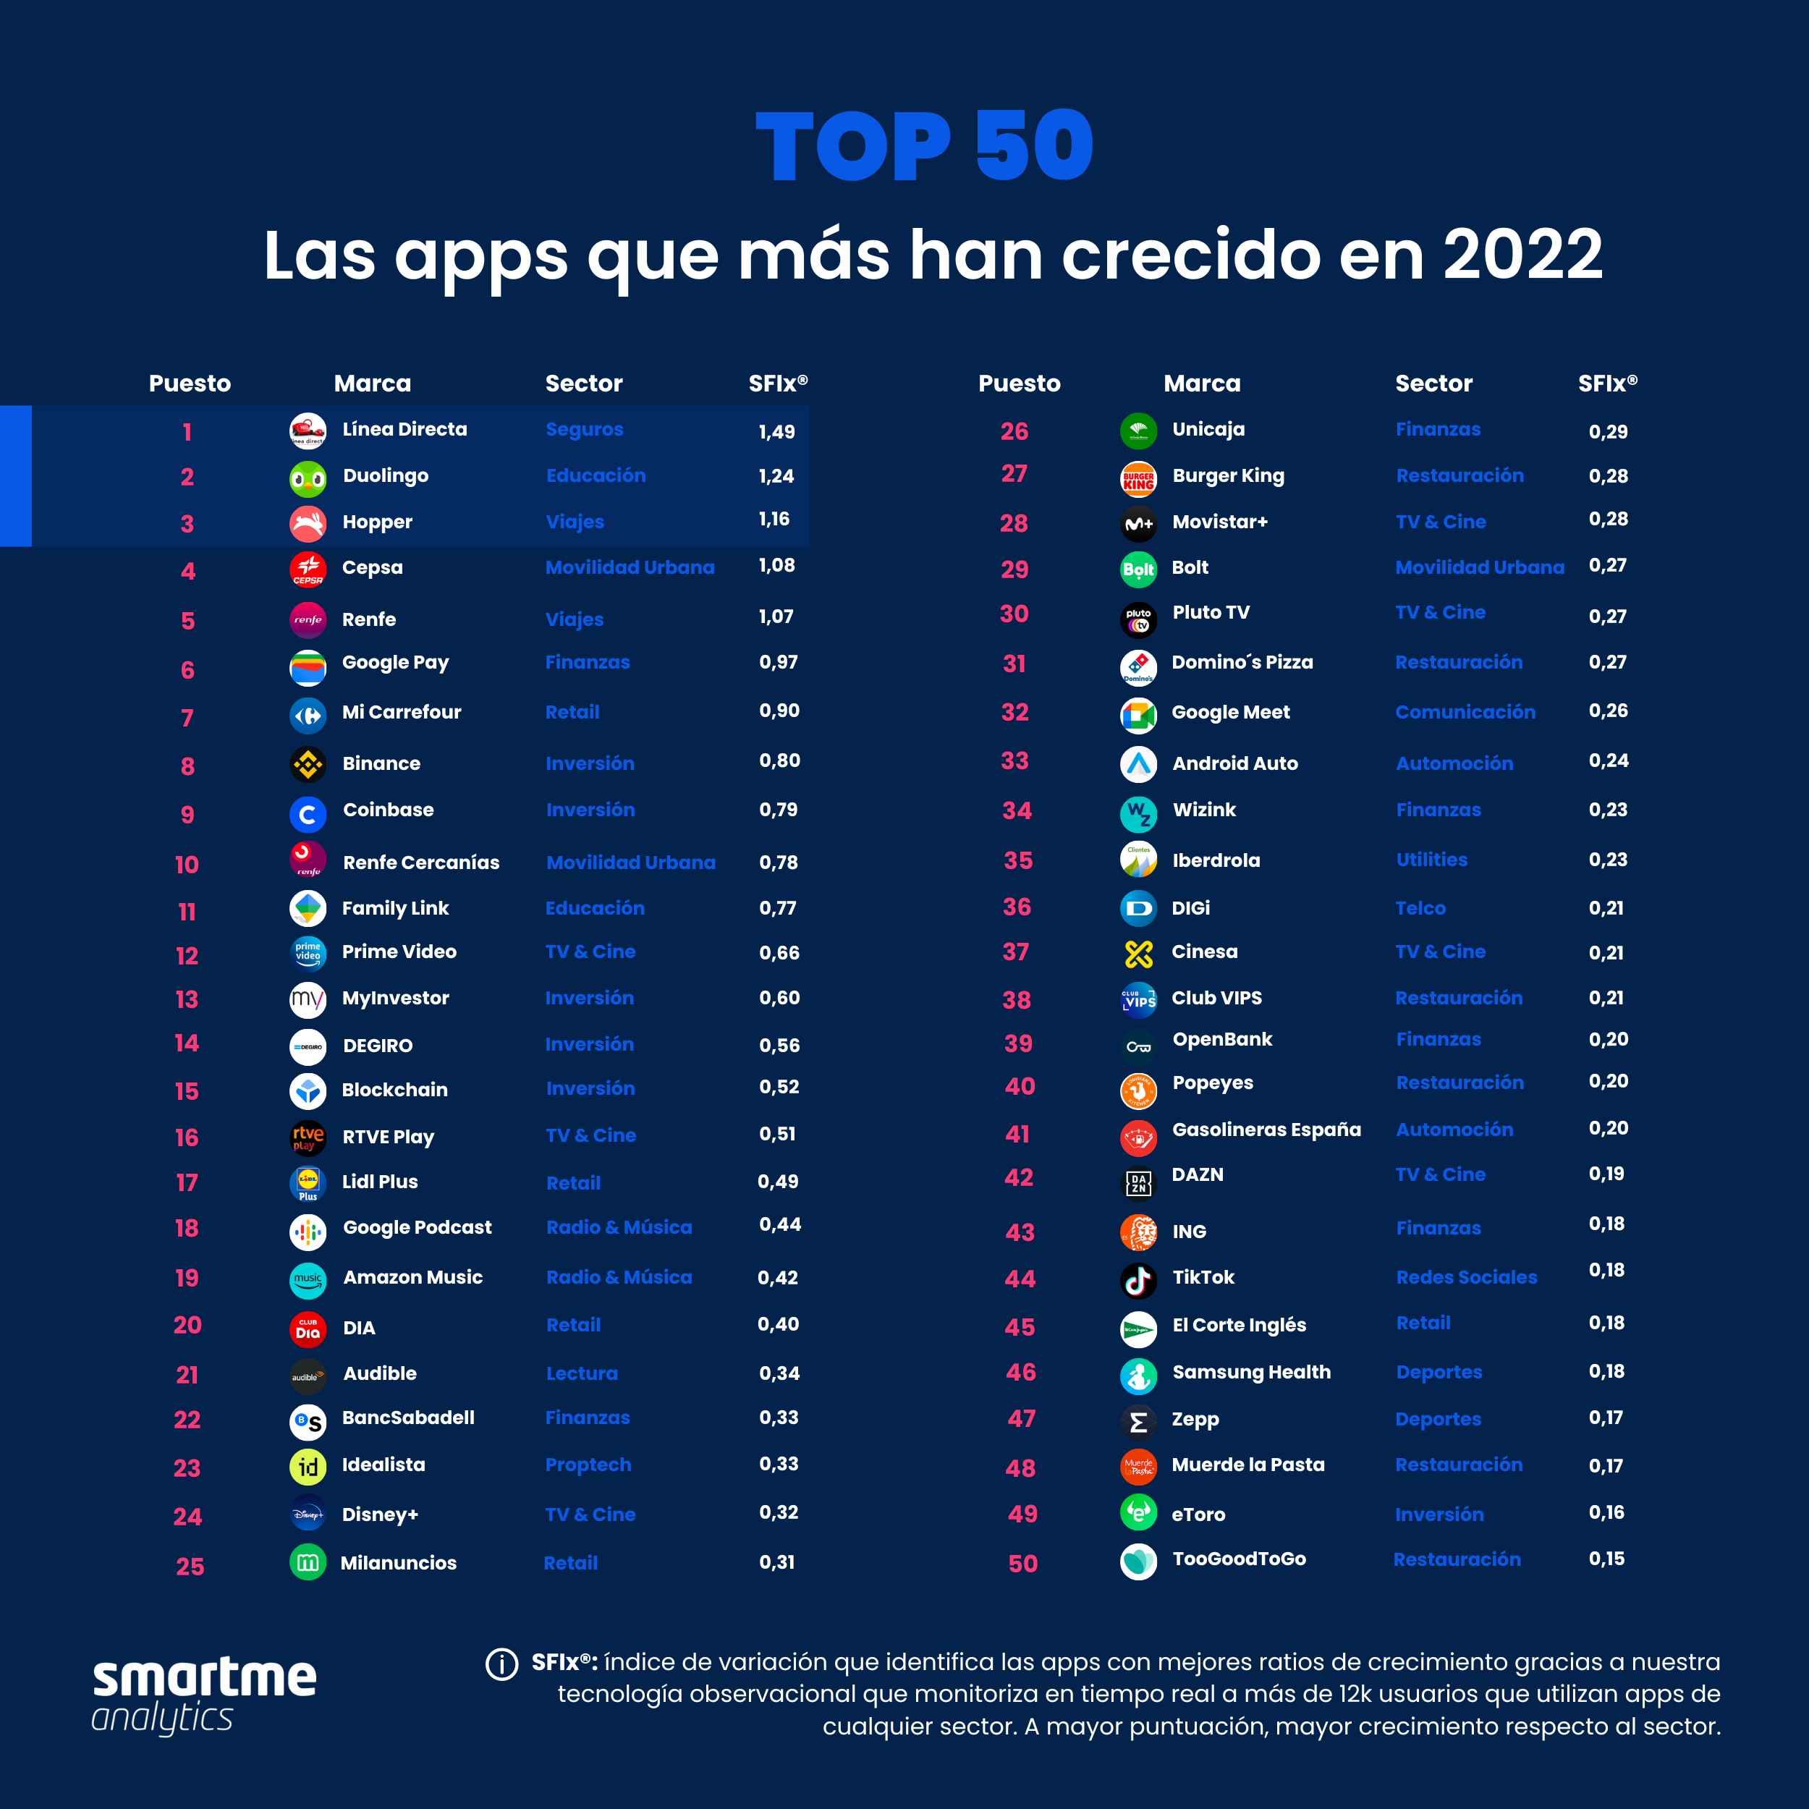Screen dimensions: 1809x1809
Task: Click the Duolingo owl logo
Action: coord(307,480)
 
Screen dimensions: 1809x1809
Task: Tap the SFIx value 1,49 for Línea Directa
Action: coord(776,432)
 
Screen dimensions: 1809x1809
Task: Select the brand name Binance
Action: coord(381,763)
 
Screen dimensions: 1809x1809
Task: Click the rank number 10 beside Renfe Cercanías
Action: coord(187,864)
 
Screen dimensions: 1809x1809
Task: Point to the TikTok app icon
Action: coord(1138,1280)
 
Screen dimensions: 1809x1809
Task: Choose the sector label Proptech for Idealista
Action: coord(588,1465)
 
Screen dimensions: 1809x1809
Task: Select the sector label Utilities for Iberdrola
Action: coord(1432,860)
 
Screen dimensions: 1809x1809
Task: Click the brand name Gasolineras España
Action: coord(1266,1130)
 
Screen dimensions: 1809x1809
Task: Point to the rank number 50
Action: coord(1022,1564)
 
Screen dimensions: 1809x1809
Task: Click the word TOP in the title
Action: coord(853,146)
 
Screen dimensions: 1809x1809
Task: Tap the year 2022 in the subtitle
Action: coord(1522,255)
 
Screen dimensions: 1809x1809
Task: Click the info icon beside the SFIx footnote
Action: coord(502,1664)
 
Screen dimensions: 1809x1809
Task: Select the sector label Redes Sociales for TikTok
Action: coord(1466,1277)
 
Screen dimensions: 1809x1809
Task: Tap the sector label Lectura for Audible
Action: coord(582,1373)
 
